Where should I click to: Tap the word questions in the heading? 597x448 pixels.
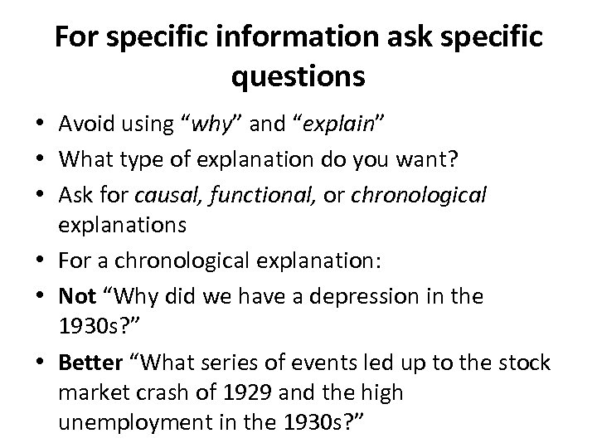coord(298,77)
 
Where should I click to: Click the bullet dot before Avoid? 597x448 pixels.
coord(40,125)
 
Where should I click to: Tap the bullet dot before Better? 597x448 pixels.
coord(40,364)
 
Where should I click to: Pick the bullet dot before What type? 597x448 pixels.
coord(40,161)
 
